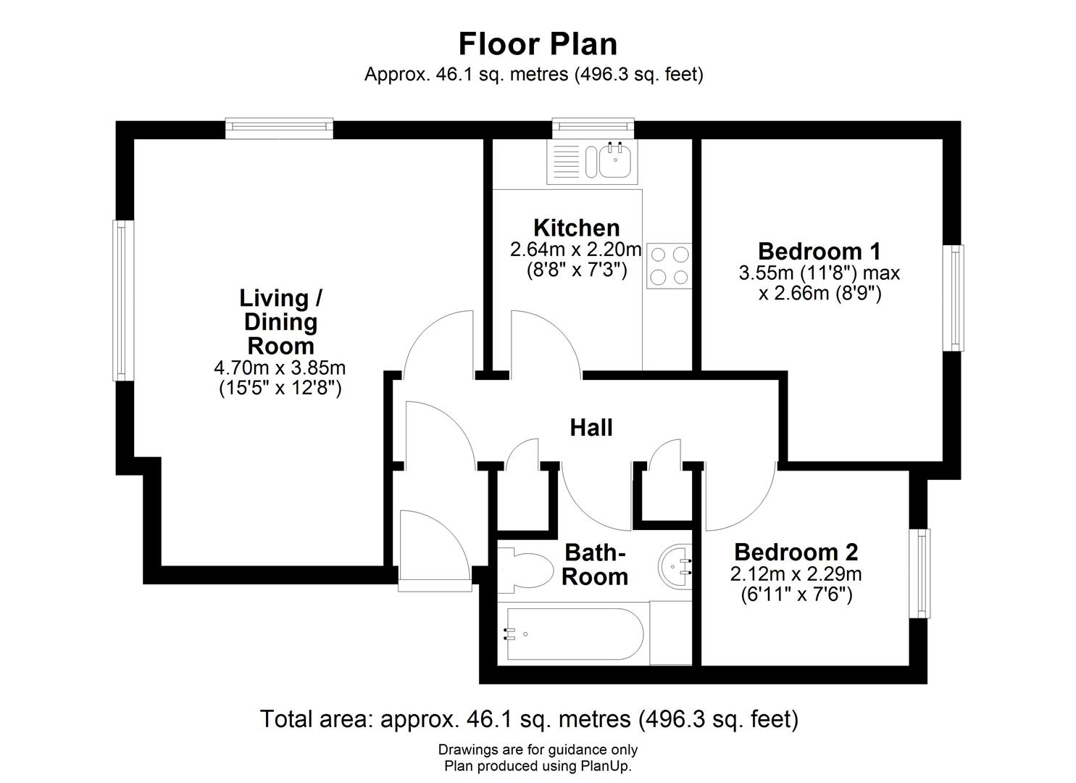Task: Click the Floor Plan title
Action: tap(538, 43)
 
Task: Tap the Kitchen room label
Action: tap(576, 228)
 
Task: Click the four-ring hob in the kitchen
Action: tap(670, 265)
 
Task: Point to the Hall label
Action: tap(591, 428)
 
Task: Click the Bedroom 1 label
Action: tap(819, 252)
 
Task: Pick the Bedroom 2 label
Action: tap(796, 552)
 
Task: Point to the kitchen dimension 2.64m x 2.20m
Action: tap(576, 249)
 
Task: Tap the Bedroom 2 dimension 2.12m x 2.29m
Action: tap(796, 575)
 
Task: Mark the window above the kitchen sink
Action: tap(593, 128)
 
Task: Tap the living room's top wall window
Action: tap(279, 128)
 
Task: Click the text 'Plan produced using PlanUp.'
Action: tap(538, 766)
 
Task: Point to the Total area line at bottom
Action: tap(529, 719)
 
